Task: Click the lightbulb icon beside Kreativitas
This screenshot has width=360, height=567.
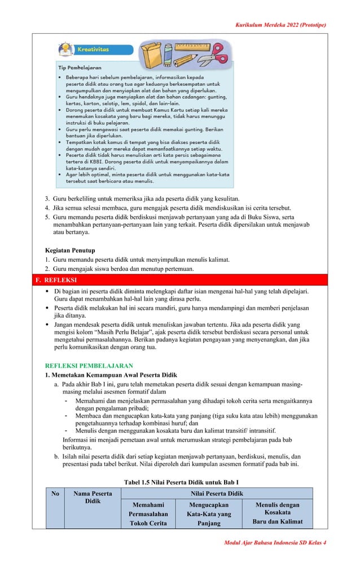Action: tap(66, 48)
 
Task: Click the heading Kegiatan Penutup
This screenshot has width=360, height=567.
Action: tap(70, 250)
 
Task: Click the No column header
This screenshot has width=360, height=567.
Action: tap(55, 494)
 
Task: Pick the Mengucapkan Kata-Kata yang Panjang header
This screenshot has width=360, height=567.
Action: tap(209, 513)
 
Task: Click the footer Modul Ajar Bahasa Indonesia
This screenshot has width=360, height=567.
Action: tap(275, 542)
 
